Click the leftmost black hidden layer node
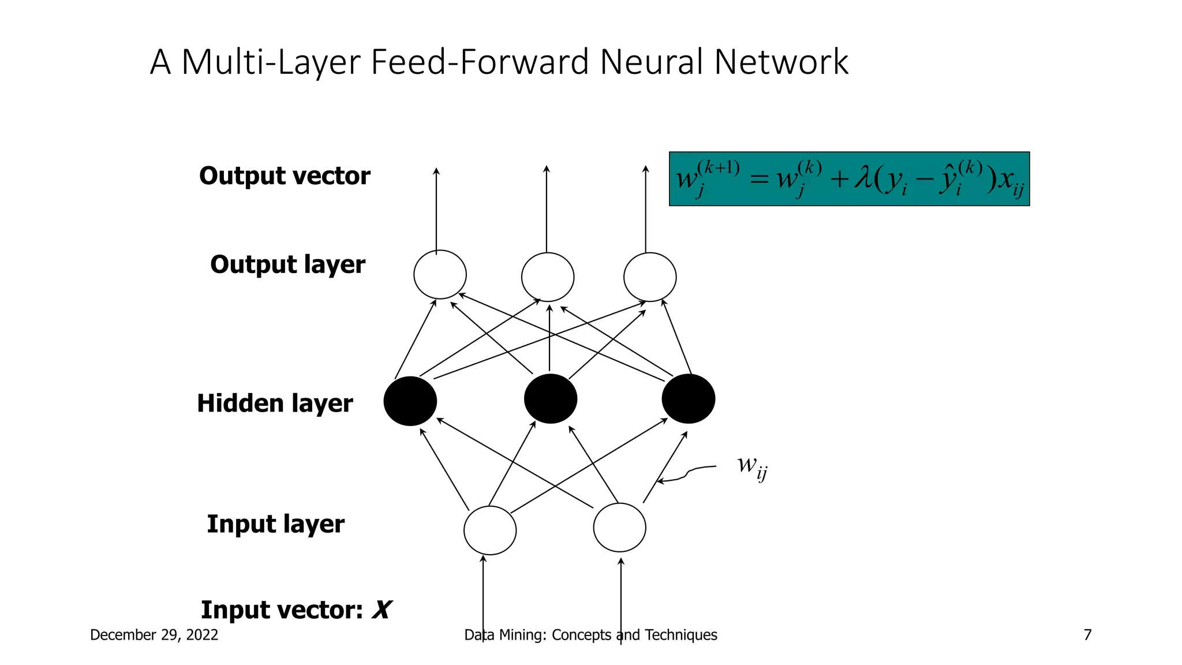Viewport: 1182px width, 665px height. (410, 401)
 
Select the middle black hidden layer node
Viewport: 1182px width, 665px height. (550, 399)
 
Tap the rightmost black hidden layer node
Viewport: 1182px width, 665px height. (688, 399)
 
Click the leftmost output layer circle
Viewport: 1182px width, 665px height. (440, 275)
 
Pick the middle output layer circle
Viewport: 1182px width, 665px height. (547, 277)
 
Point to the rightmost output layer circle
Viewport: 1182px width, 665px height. (650, 277)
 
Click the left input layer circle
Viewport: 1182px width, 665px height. (489, 530)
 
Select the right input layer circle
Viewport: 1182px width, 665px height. (619, 527)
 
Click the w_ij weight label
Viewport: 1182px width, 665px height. (752, 466)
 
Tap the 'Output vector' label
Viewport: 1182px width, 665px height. (285, 176)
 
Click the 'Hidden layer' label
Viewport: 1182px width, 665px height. (275, 404)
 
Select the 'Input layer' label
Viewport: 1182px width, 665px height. (275, 524)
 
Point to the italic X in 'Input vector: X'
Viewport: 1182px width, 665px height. (381, 610)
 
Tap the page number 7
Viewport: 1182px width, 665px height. (1087, 635)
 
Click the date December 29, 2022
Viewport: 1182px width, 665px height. (154, 635)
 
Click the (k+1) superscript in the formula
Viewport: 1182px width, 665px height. (718, 168)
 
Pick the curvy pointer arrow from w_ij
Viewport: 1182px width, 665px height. (687, 473)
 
